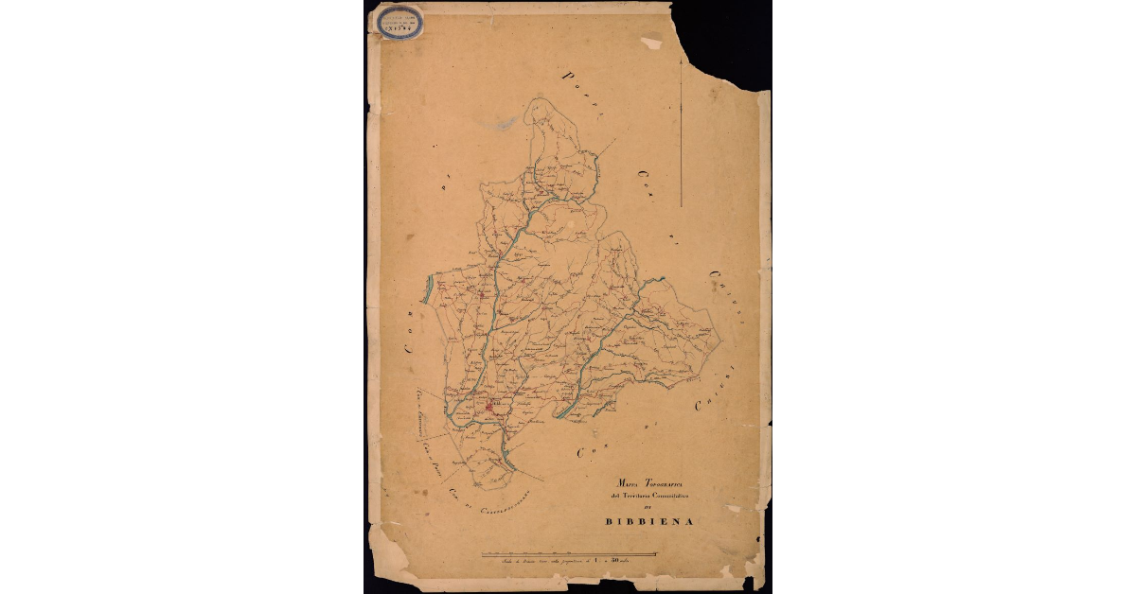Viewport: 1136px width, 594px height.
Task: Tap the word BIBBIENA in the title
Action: [650, 521]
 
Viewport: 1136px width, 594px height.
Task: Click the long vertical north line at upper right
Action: [683, 123]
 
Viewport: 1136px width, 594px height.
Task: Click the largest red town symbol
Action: [492, 407]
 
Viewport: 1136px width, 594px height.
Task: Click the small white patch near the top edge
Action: [651, 43]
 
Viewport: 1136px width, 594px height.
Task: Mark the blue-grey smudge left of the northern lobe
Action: [508, 123]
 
